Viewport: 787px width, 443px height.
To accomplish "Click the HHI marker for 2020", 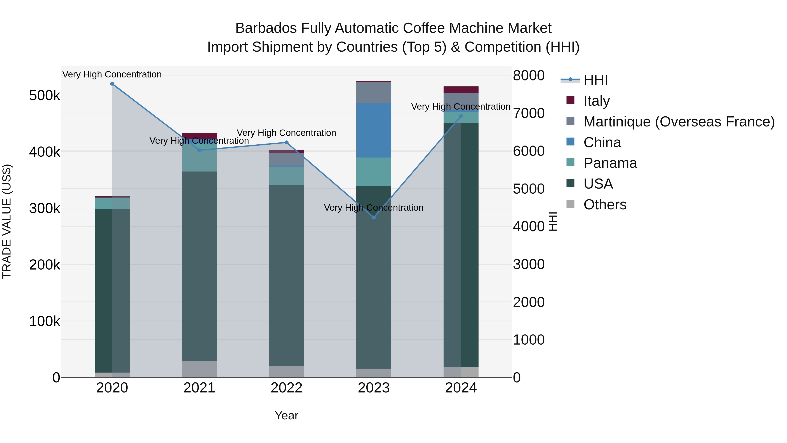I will pos(112,84).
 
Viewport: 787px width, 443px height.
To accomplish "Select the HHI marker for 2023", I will pos(374,217).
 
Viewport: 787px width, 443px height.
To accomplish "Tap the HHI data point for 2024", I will pos(461,116).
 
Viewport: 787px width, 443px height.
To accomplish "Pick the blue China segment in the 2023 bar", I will pos(374,131).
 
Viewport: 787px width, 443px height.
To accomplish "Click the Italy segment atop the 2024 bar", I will pos(461,90).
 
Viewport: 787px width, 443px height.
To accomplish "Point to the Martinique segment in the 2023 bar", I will pos(374,93).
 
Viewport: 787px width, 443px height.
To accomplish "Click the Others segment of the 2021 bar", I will pos(199,369).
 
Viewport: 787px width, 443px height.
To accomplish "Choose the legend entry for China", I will pos(602,142).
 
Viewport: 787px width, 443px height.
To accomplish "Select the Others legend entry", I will pos(605,205).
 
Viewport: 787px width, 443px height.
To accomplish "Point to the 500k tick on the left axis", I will pos(45,96).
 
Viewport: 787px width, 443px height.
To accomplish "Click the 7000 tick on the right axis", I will pos(529,113).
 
